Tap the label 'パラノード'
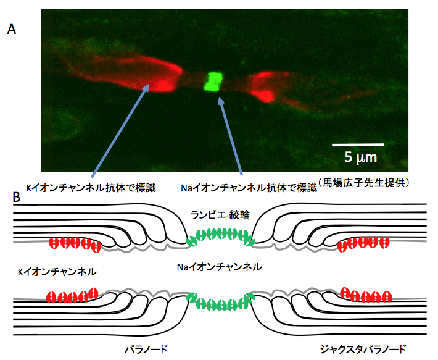coord(145,348)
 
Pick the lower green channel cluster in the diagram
coord(221,302)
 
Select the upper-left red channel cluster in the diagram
coord(73,243)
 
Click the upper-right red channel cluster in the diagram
coord(363,243)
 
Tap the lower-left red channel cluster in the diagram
coord(73,295)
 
